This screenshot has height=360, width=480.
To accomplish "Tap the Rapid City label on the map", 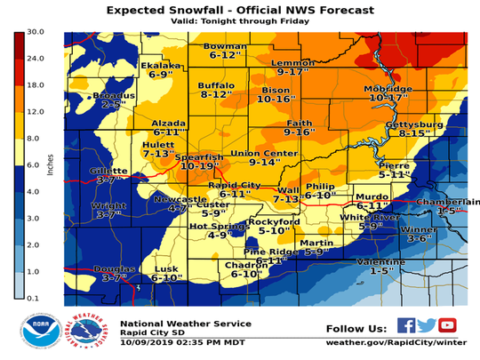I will [x=233, y=185].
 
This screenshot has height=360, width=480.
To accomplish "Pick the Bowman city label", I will [x=224, y=46].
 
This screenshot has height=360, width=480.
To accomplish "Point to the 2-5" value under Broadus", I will [x=113, y=104].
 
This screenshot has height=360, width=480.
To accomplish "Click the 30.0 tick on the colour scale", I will [x=32, y=32].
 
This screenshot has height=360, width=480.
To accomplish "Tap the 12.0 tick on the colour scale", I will [x=32, y=111].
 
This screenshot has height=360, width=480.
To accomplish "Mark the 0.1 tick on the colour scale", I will [x=32, y=297].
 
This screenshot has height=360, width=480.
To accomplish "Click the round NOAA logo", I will [x=40, y=331].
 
